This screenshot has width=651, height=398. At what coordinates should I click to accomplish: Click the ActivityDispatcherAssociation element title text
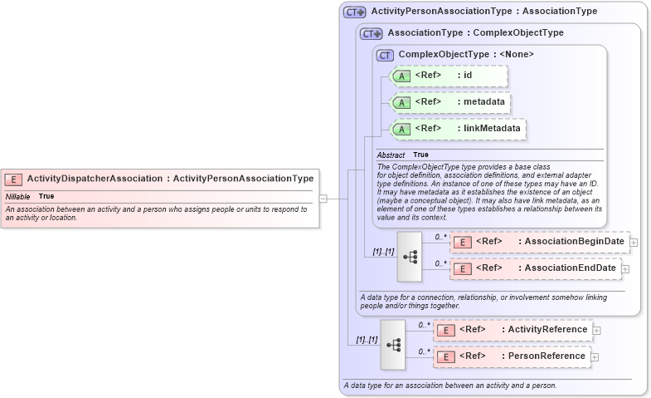tap(170, 178)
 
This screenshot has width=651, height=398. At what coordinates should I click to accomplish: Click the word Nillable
tap(18, 196)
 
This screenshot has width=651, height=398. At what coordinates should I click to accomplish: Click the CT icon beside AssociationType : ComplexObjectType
tap(371, 34)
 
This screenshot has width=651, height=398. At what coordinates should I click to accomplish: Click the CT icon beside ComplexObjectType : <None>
tap(385, 55)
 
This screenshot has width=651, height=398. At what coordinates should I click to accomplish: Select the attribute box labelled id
tap(448, 76)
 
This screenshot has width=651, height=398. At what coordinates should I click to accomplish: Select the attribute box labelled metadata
tap(449, 102)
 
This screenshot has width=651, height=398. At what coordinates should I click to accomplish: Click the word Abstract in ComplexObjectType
tap(391, 155)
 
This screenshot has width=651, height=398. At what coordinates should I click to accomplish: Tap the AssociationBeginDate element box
tap(539, 242)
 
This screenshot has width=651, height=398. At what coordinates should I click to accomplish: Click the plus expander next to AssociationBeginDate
tap(634, 242)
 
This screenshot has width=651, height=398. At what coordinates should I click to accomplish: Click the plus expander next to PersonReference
tap(595, 357)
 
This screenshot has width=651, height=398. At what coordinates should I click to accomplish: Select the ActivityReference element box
tap(513, 330)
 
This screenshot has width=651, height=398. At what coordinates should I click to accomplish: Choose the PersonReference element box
tap(512, 356)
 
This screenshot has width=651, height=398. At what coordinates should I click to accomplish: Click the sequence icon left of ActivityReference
tap(393, 344)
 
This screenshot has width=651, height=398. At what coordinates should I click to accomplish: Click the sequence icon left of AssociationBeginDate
tap(410, 256)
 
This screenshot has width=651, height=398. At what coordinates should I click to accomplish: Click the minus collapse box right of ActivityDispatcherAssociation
tap(323, 199)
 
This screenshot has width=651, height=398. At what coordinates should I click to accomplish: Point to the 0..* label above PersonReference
tap(423, 352)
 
